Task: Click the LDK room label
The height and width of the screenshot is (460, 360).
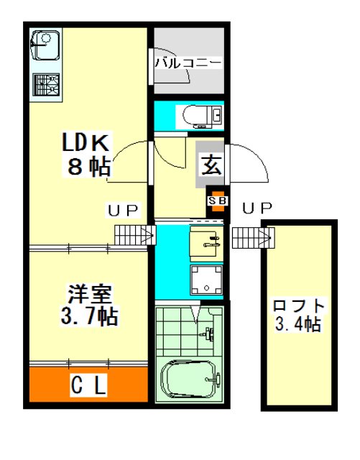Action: pos(86,142)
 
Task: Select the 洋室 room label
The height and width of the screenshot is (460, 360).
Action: pos(90,294)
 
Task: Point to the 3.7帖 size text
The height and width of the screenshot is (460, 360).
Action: pos(90,316)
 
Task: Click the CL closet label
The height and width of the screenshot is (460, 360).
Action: pos(88,385)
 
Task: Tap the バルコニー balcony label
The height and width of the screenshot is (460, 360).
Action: pos(188,63)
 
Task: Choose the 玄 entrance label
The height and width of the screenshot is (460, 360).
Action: pos(211,165)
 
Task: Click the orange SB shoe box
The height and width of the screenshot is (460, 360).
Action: pos(218,201)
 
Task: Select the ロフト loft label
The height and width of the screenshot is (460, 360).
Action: pos(299,305)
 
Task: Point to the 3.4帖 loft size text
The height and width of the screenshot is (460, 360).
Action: pos(297,324)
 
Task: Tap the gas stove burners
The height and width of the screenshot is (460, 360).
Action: pos(46,85)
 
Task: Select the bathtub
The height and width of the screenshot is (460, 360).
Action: pos(190,379)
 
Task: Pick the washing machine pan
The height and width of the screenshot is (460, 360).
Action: pos(206,280)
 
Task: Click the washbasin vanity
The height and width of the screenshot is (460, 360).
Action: pos(206,244)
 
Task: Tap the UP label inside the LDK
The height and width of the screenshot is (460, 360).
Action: pos(122,210)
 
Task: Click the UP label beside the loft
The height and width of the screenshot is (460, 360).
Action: pos(257,208)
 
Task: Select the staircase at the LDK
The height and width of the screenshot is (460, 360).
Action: pos(135,235)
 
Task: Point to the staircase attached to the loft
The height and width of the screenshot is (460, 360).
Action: pos(253,238)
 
